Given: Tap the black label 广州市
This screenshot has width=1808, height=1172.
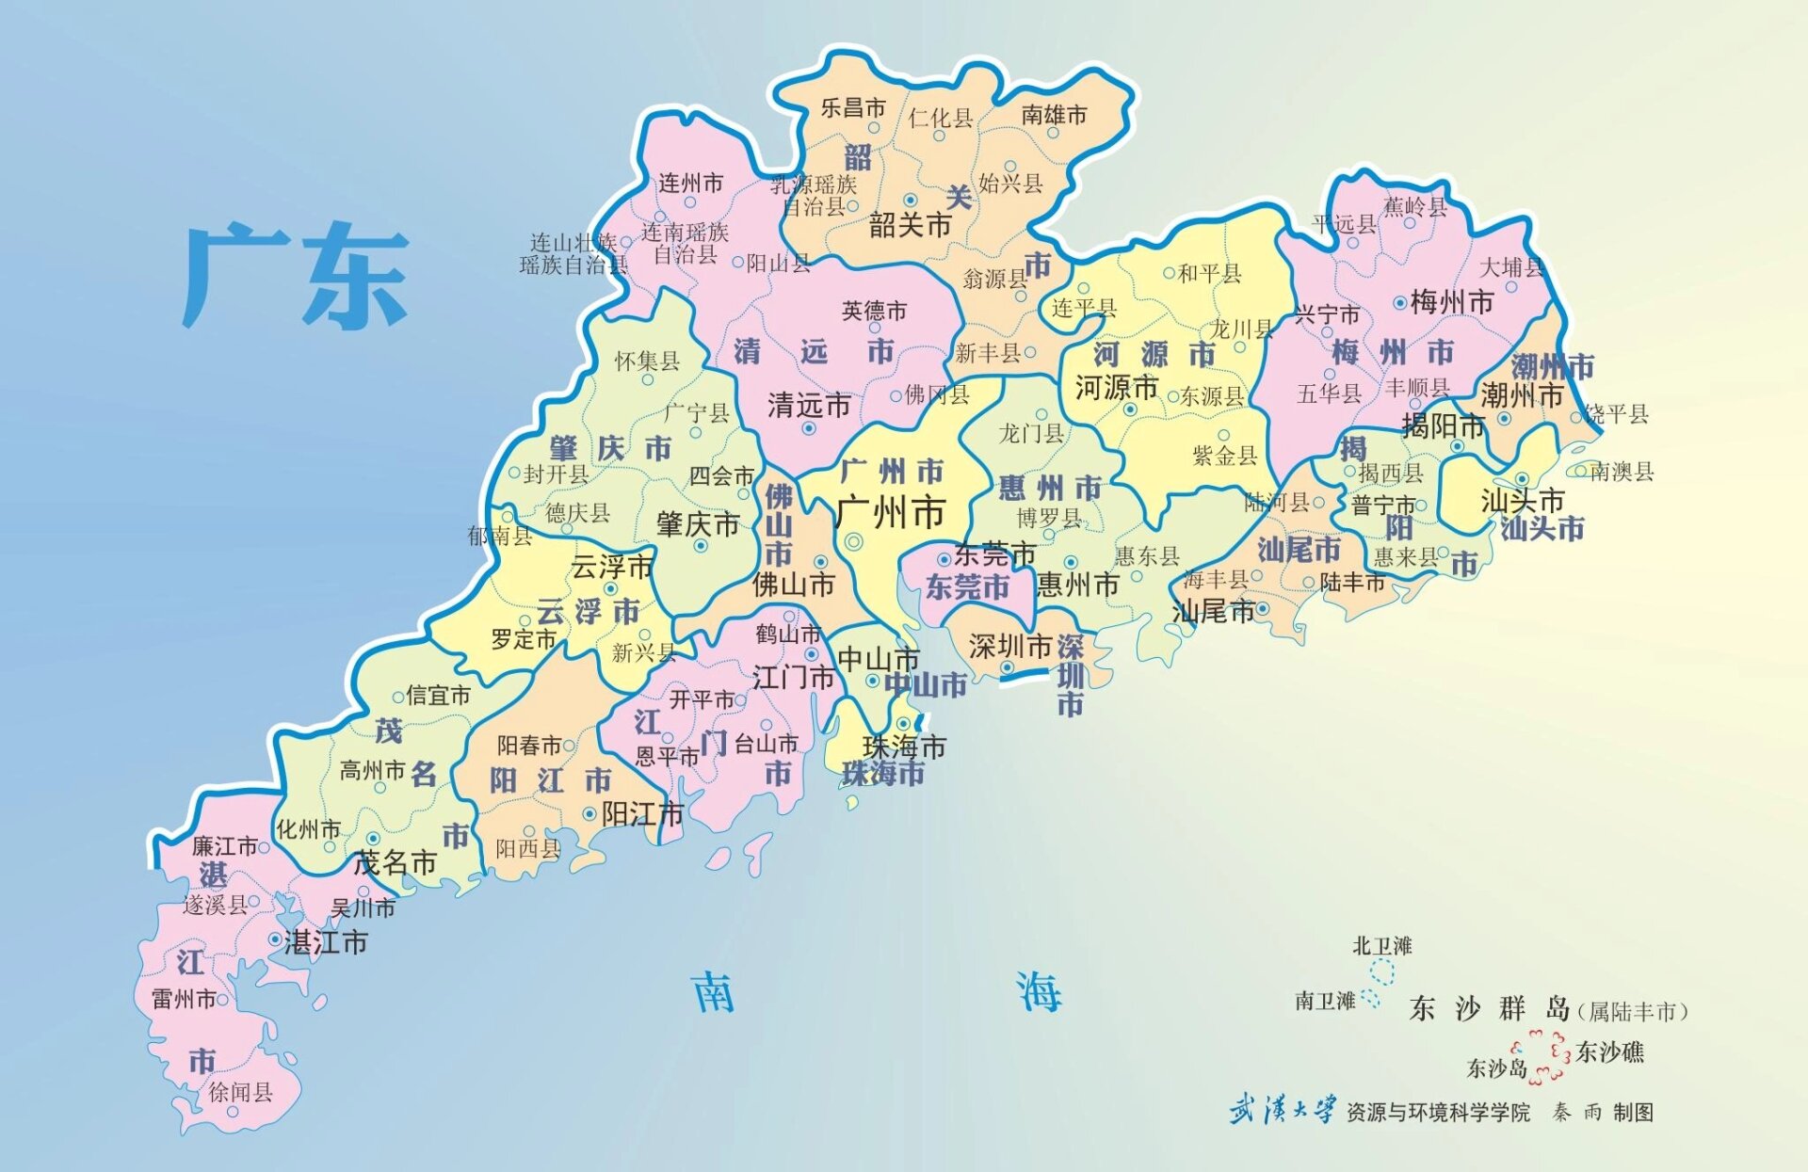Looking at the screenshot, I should click(890, 514).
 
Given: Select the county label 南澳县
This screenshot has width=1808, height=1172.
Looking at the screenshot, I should click(1622, 472).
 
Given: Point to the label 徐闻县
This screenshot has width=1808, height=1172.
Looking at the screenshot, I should click(240, 1092).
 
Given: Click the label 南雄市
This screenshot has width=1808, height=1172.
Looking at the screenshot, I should click(1054, 115).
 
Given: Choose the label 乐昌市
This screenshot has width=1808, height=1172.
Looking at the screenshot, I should click(853, 107).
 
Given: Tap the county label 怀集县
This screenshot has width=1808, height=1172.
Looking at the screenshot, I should click(647, 361).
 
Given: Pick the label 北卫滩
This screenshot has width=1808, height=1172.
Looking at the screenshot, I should click(1381, 946).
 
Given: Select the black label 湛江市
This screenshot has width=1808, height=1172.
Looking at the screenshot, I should click(326, 942).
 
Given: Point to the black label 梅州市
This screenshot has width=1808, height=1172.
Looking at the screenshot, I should click(1452, 302).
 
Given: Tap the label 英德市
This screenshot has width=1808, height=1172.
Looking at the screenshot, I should click(874, 311).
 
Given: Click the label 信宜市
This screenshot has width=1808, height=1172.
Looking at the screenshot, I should click(438, 696).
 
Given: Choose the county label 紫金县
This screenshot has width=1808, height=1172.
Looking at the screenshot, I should click(1225, 456).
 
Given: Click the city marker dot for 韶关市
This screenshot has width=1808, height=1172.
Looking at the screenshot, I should click(911, 201).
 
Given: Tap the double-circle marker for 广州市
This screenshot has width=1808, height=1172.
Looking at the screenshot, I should click(854, 541).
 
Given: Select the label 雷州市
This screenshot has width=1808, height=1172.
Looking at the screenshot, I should click(184, 999).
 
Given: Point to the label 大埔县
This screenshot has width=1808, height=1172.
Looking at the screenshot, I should click(1512, 267).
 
